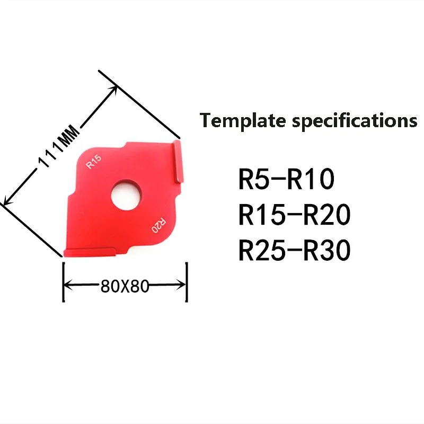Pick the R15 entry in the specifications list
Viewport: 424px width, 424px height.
coord(260,215)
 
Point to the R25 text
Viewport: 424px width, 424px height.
coord(260,250)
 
